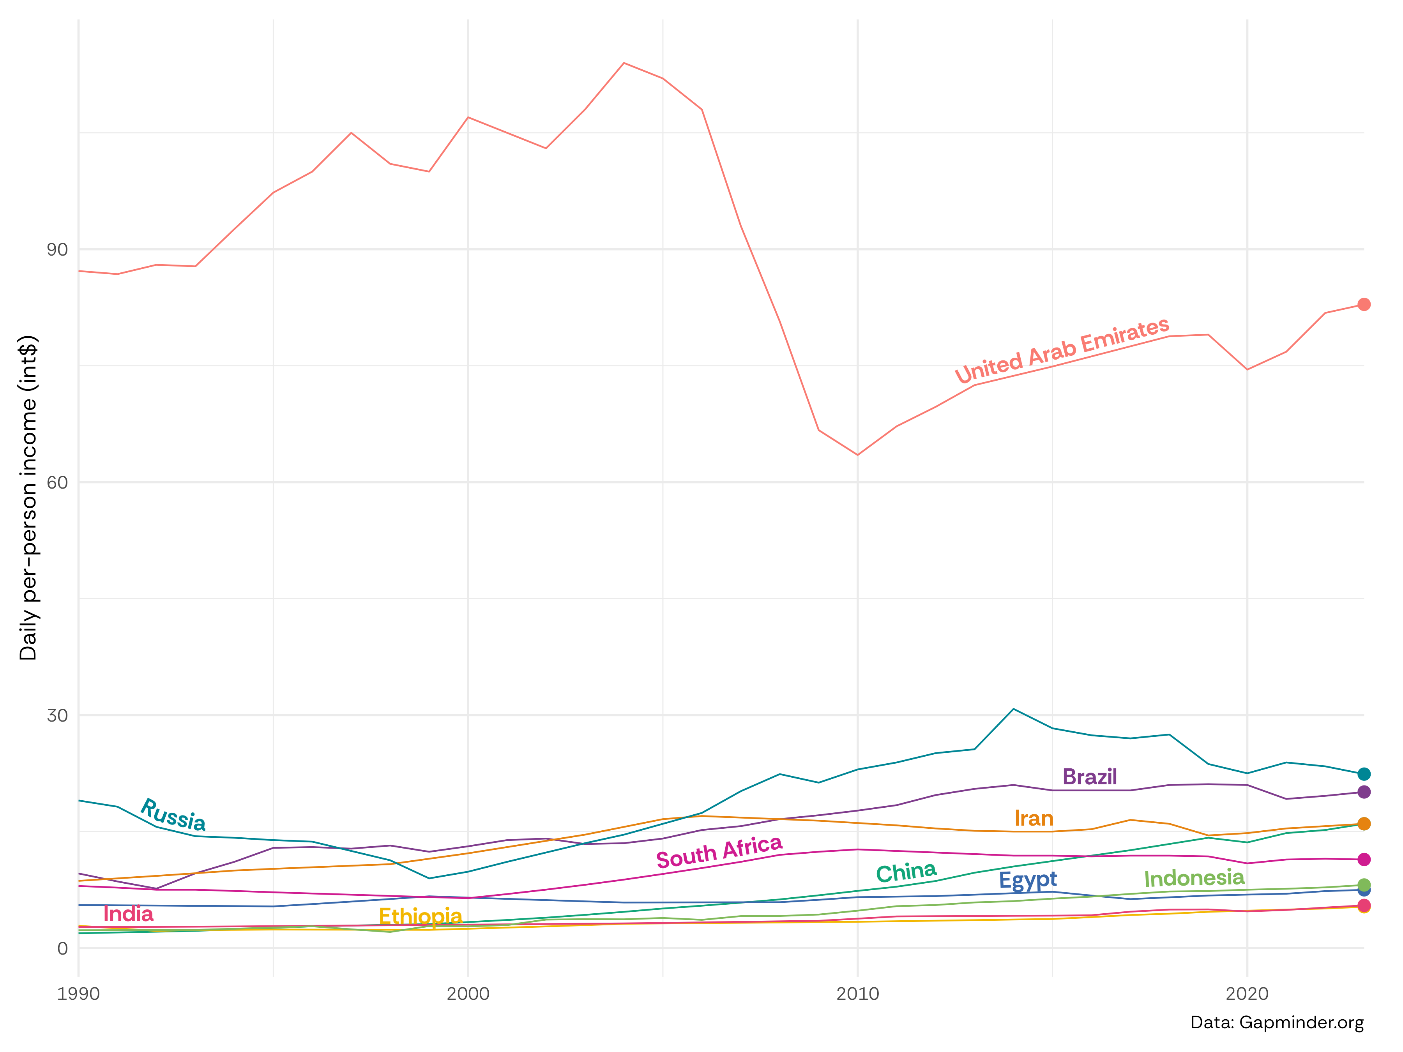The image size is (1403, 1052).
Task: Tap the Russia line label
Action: click(173, 814)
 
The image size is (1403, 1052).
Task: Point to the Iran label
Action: click(1034, 819)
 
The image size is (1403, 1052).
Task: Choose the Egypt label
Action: click(1028, 880)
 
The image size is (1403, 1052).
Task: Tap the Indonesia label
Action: click(1194, 878)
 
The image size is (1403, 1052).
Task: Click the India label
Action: click(128, 914)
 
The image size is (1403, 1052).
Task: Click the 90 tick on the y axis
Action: click(57, 250)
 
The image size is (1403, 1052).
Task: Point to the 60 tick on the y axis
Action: click(57, 483)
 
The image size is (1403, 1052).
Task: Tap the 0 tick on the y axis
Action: click(62, 949)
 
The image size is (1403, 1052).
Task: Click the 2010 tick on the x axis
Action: click(857, 994)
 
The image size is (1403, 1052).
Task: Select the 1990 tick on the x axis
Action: click(79, 994)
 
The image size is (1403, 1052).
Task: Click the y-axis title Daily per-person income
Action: click(28, 498)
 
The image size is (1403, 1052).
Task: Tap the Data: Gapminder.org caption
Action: click(1277, 1023)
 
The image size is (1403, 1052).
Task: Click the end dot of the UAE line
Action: click(1364, 304)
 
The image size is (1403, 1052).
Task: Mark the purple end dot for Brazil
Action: click(1364, 792)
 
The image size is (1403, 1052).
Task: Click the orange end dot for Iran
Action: click(1364, 824)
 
